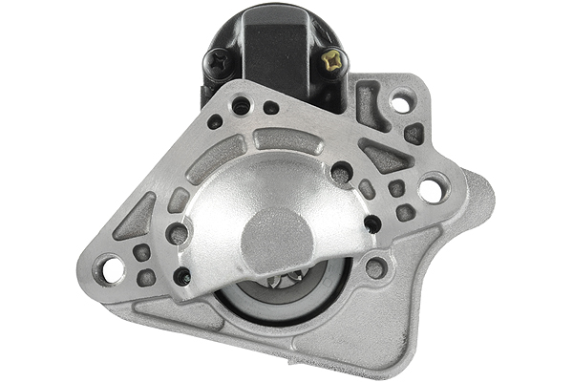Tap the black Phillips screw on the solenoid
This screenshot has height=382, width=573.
coord(219,63)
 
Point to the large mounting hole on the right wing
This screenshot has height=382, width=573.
coord(432,189)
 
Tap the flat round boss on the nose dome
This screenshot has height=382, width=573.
coord(277,239)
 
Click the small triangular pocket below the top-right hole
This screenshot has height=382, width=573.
coord(414,133)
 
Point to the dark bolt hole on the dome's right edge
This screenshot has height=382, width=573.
coord(372,224)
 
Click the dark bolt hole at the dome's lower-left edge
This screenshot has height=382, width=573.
coord(181,277)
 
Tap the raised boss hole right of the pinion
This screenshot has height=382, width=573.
coord(376,268)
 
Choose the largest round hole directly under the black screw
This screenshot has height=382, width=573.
coord(241,106)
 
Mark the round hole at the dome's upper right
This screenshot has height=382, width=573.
coord(341,174)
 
